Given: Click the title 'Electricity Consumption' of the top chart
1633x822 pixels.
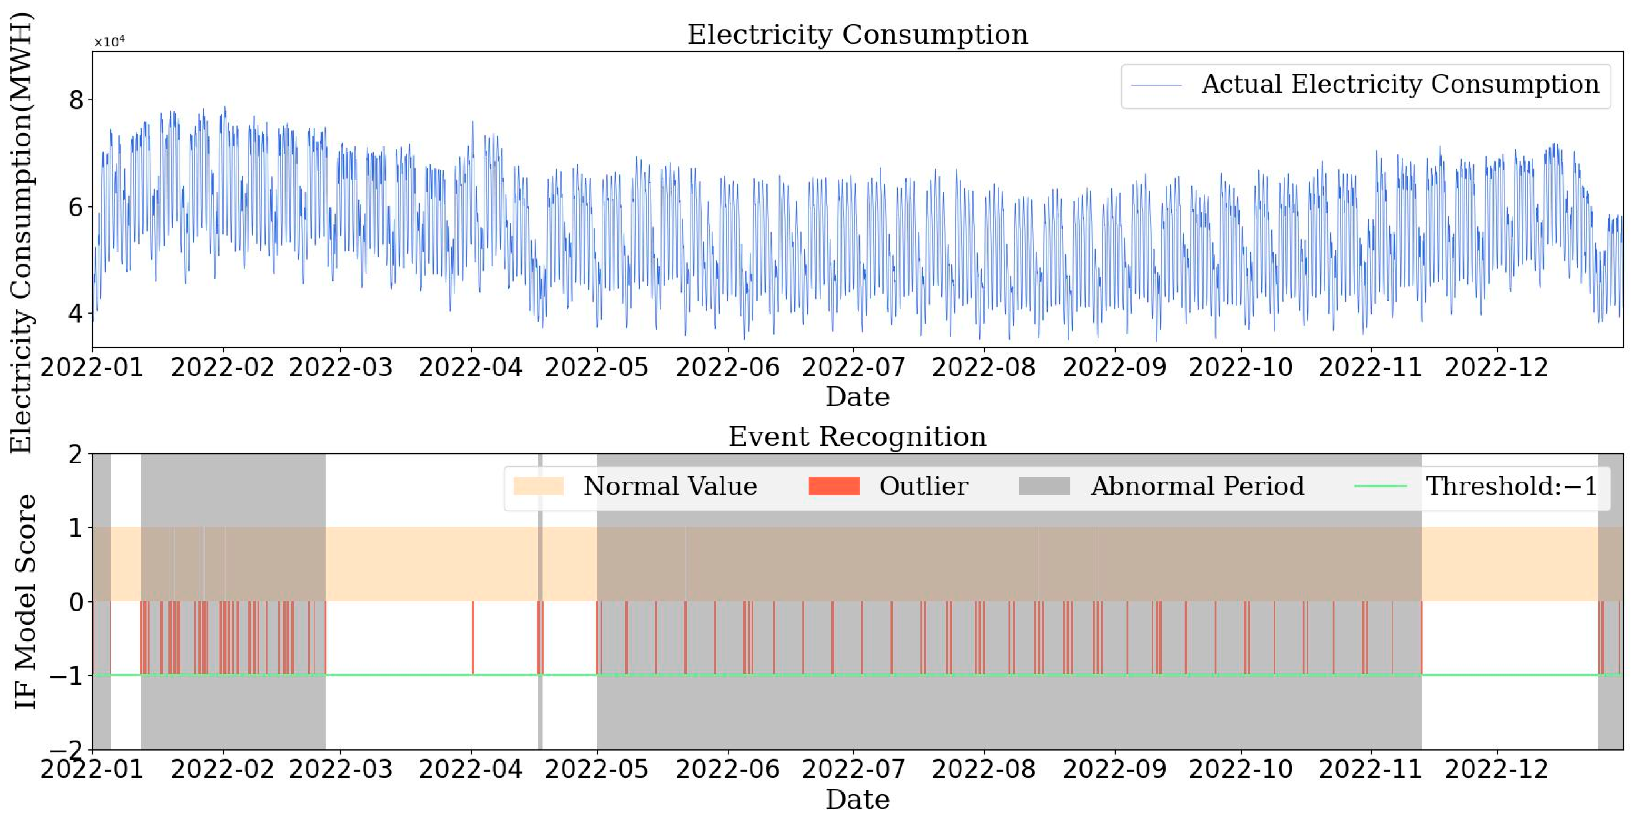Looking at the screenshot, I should [857, 34].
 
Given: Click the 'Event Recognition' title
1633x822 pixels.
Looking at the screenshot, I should [857, 437].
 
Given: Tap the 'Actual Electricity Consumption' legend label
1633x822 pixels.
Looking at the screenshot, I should [1400, 84].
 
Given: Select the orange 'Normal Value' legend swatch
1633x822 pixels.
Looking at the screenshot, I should [538, 486].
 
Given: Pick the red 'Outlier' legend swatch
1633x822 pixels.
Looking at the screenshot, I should [834, 486].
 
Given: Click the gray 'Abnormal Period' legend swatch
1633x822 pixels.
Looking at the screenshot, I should [1044, 486].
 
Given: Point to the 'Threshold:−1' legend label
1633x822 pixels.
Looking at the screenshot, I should [1511, 486].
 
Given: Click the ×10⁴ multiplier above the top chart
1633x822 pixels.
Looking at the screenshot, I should [109, 42].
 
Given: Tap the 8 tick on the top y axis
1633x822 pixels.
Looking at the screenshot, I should [76, 100].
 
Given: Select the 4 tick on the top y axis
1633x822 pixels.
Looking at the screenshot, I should [76, 313].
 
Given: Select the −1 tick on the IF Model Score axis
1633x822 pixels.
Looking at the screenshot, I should [68, 676].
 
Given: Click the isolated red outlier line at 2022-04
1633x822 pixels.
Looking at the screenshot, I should [472, 637].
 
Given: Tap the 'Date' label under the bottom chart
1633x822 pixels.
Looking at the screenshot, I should [857, 800].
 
